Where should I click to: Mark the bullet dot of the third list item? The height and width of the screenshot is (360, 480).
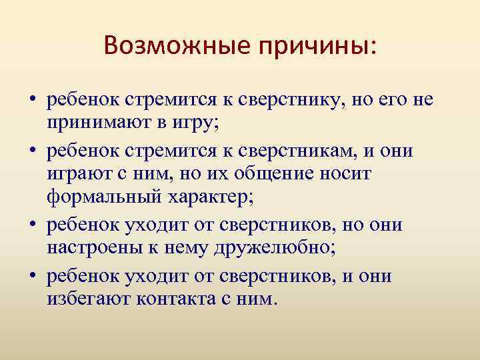click(x=31, y=225)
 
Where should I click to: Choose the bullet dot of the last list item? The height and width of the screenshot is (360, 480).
click(x=31, y=275)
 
